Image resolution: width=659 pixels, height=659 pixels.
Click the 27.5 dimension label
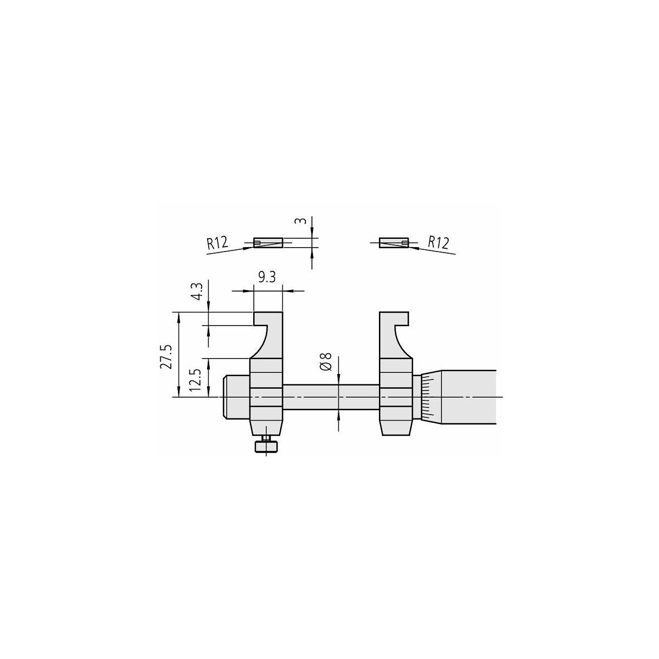[165, 357]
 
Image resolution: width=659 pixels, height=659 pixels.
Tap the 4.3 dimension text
[198, 291]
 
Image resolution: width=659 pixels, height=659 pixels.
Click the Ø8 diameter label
[326, 361]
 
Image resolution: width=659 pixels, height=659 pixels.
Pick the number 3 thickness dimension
[300, 221]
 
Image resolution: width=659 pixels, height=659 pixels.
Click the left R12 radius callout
[217, 243]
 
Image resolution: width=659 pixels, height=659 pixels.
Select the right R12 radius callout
[438, 243]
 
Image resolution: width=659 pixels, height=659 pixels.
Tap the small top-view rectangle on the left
[268, 243]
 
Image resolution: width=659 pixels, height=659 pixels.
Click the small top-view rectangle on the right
[394, 243]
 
